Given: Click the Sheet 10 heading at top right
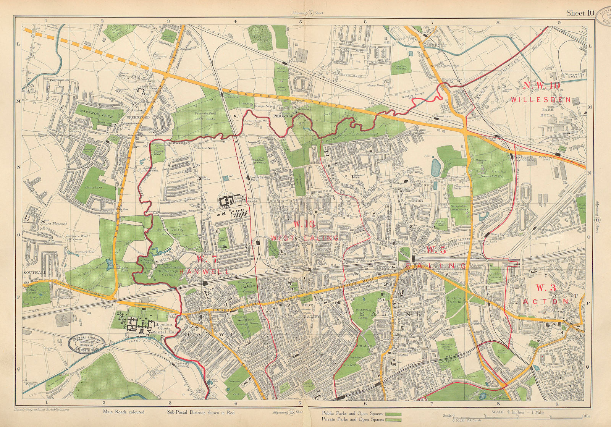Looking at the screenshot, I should click(x=580, y=13).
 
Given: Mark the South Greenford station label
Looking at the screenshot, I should click(x=234, y=95).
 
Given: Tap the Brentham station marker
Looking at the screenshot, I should click(x=436, y=119).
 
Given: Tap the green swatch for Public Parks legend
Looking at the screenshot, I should click(x=393, y=414).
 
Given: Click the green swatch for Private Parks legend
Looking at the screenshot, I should click(x=393, y=419).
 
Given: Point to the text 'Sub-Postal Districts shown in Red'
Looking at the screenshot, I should click(x=200, y=412).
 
